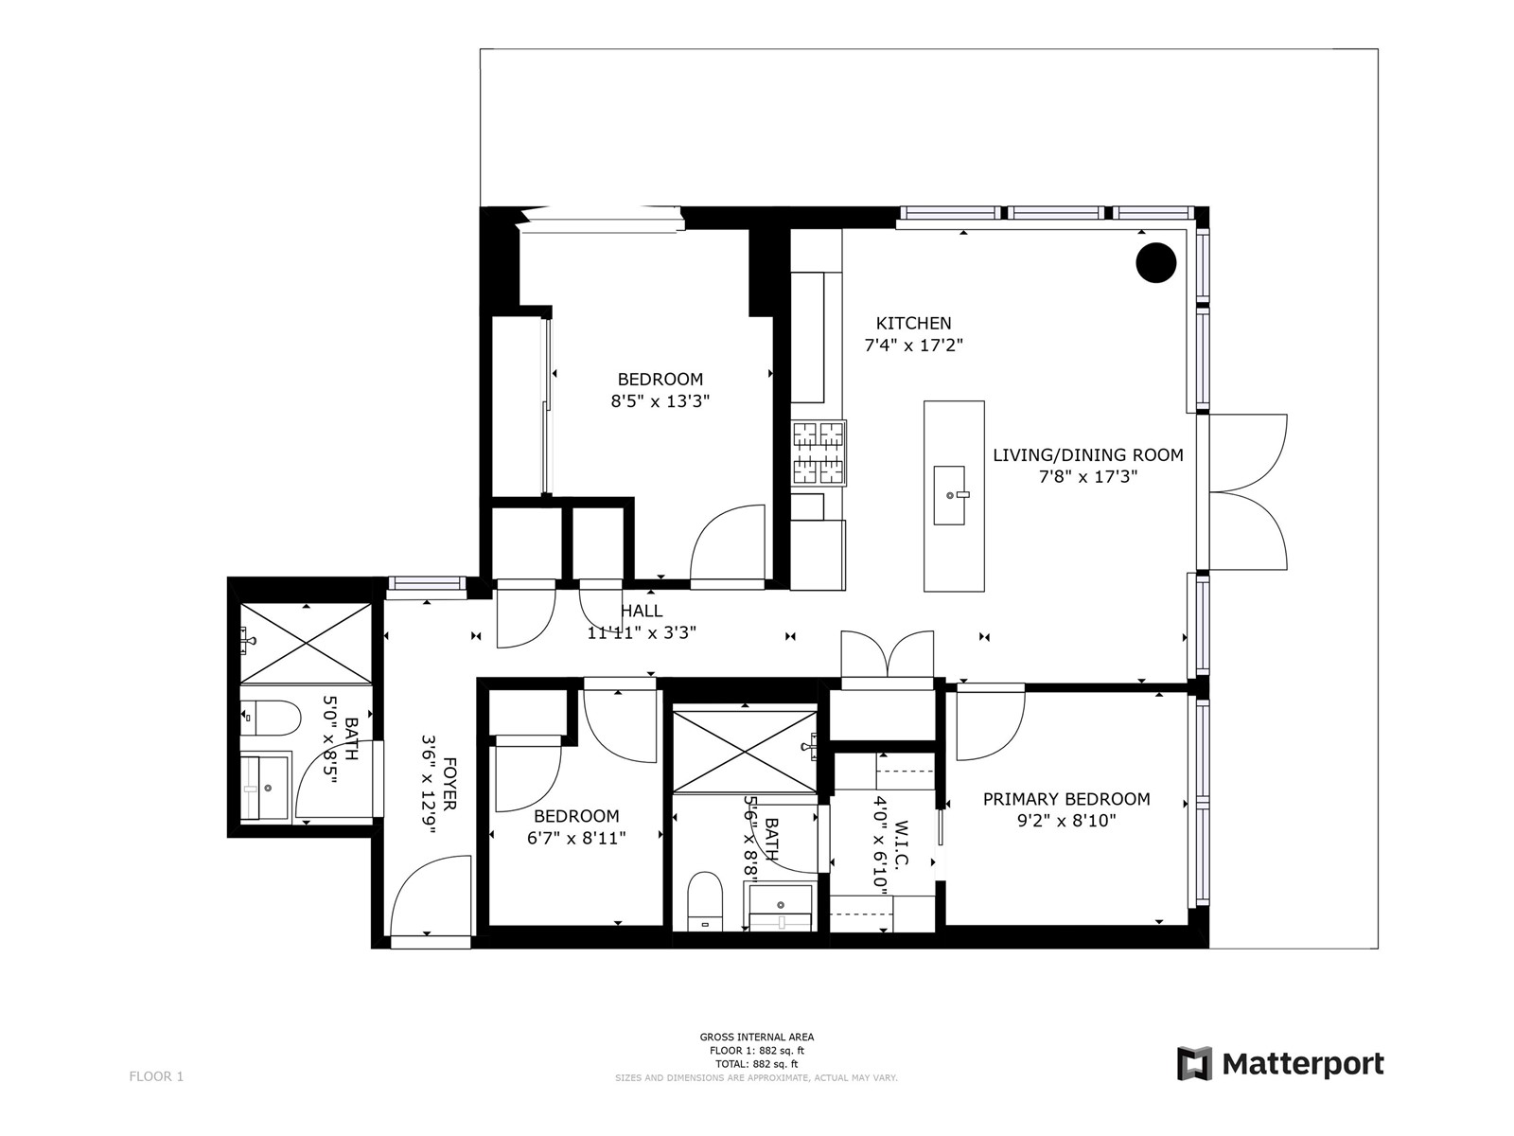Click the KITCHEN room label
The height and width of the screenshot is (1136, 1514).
point(913,323)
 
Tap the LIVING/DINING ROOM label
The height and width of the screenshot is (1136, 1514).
point(1088,454)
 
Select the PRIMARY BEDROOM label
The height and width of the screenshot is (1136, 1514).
point(1066,799)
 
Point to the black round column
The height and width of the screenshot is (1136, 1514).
point(1156,263)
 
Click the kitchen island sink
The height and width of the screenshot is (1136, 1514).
point(949,495)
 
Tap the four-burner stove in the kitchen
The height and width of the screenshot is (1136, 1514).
point(819,453)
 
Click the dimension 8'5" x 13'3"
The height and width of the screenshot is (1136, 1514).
point(660,400)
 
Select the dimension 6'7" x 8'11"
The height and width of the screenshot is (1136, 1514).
point(576,838)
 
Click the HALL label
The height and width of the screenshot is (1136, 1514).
point(642,611)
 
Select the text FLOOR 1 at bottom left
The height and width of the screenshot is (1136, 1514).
point(156,1076)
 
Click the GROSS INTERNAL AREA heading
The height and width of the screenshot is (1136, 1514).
point(757,1037)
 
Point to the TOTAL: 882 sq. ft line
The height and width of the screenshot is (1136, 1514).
point(757,1064)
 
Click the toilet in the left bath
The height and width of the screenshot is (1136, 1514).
point(271,718)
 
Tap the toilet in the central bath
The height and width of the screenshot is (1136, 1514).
point(705,901)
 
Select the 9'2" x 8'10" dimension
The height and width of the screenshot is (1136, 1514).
point(1066,821)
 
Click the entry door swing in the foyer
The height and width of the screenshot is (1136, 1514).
point(431,896)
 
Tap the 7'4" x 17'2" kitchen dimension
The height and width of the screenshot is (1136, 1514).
point(913,345)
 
